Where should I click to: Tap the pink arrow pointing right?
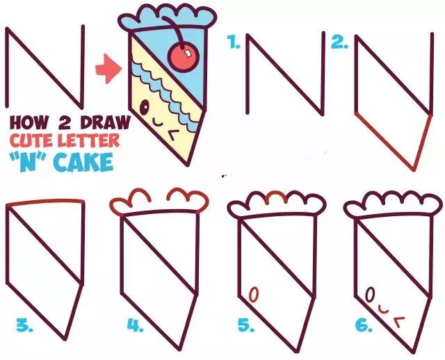108,69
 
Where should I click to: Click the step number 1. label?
234,42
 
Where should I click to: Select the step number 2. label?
340,42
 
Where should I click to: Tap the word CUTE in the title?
31,140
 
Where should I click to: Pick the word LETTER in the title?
87,140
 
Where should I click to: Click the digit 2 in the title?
65,122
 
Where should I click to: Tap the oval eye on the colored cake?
145,107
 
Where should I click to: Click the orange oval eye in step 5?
254,295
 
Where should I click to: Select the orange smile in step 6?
383,310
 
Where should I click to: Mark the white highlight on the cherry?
187,53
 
